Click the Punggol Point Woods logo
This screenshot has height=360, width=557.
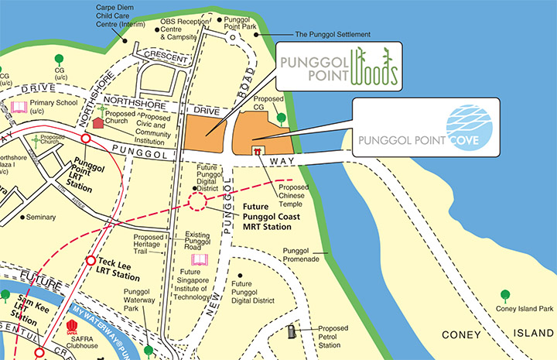pyautogui.click(x=337, y=67)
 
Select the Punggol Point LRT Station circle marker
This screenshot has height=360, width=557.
pyautogui.click(x=86, y=140)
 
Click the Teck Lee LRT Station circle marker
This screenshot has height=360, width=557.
pyautogui.click(x=91, y=261)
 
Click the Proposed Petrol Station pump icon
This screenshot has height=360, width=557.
pyautogui.click(x=291, y=331)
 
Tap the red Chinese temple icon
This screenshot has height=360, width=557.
pyautogui.click(x=257, y=152)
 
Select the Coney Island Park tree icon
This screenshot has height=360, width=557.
pyautogui.click(x=505, y=295)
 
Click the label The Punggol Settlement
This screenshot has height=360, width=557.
pyautogui.click(x=333, y=35)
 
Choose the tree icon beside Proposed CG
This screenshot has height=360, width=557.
pyautogui.click(x=282, y=118)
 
